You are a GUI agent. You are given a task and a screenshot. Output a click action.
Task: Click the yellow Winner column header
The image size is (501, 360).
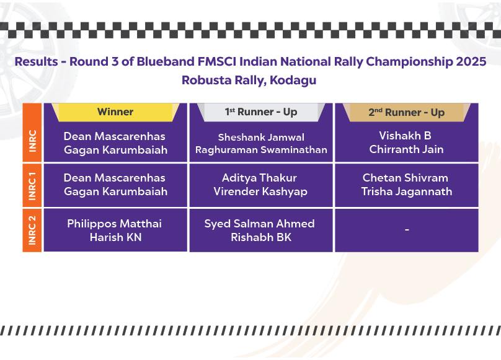tap(115, 112)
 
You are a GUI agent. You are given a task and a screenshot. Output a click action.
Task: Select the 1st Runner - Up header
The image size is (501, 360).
tap(261, 112)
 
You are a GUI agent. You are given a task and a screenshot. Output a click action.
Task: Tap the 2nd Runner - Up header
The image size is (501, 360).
tap(406, 112)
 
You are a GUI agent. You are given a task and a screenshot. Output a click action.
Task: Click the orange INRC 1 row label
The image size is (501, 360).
tap(32, 186)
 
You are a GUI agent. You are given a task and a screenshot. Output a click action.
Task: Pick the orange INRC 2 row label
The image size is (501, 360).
tap(32, 230)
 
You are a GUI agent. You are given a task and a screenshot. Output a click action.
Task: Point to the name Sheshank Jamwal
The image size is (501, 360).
tap(261, 138)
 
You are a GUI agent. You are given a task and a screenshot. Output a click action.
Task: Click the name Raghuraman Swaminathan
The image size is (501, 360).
tap(261, 150)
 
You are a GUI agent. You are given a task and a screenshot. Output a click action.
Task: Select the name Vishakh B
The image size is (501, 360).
tap(405, 136)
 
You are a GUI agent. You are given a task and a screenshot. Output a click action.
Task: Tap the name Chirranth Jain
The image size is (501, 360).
tap(406, 149)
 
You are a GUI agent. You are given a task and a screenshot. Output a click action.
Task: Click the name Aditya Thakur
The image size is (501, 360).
tap(259, 178)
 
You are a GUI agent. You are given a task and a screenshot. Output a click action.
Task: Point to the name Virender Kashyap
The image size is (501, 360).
tap(260, 191)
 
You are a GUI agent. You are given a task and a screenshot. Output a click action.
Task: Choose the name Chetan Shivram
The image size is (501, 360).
tap(405, 178)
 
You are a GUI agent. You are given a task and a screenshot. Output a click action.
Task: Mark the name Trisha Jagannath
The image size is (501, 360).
tap(406, 191)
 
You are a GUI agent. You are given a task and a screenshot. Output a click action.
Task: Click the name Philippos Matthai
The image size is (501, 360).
tap(114, 224)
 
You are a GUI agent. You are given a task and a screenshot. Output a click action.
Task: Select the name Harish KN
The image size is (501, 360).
tap(116, 237)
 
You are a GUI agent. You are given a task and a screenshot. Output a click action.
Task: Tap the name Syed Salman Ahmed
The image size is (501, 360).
tap(259, 224)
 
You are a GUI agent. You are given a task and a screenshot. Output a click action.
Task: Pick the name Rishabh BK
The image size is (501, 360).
tap(261, 237)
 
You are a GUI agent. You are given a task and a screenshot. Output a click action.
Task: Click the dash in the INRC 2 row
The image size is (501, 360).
tap(407, 229)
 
